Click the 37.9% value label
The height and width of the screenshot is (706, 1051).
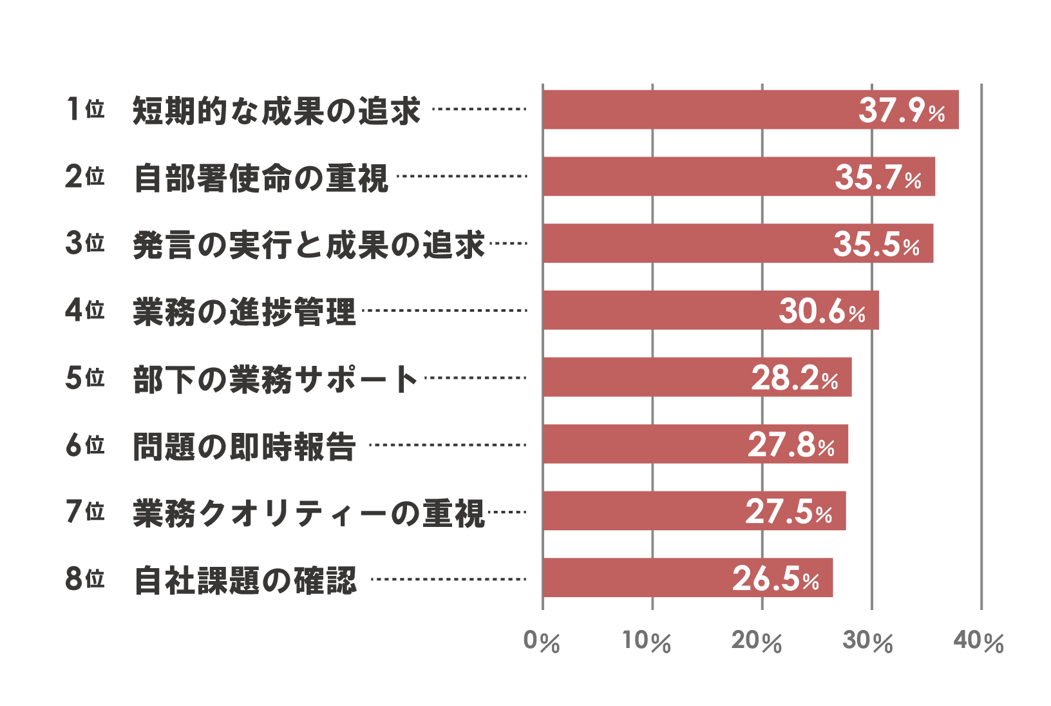(x=901, y=110)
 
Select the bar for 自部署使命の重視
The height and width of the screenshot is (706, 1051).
(x=739, y=176)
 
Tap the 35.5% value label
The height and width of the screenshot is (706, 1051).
(x=876, y=243)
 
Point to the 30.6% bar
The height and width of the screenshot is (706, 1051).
(x=710, y=310)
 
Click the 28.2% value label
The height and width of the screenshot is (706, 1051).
(x=794, y=377)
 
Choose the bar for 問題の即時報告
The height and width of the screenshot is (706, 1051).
(x=695, y=444)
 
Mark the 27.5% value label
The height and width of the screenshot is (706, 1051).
(x=788, y=511)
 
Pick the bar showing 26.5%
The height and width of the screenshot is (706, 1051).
(x=687, y=578)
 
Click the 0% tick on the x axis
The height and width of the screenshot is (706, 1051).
(x=542, y=642)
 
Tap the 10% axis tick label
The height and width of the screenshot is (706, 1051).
(x=647, y=642)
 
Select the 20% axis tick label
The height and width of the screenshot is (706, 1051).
(x=757, y=642)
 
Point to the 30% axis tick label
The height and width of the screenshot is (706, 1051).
(x=867, y=642)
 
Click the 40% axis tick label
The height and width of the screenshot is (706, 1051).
(x=978, y=642)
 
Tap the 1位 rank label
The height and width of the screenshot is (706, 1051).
(x=85, y=110)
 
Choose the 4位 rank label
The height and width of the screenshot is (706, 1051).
(x=85, y=310)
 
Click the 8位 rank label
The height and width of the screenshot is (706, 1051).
(x=85, y=578)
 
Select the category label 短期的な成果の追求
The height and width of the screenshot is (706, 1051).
(x=276, y=111)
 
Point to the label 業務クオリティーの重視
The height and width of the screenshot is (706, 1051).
(x=308, y=513)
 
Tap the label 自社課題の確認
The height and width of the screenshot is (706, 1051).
(x=245, y=580)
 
